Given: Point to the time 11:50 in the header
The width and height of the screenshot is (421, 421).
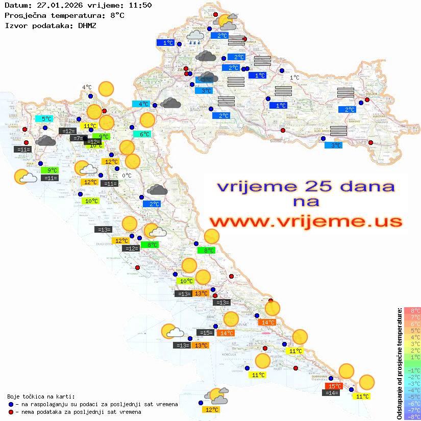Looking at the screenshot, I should [x=139, y=6].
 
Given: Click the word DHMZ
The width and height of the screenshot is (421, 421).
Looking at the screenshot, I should [x=87, y=25].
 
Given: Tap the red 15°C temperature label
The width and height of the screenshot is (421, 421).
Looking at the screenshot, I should [x=334, y=386].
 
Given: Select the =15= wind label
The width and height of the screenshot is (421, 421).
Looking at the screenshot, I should [x=205, y=333].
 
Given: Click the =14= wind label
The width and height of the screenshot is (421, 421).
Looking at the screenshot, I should [x=332, y=393].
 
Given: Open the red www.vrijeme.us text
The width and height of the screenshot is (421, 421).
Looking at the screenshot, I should [x=305, y=221].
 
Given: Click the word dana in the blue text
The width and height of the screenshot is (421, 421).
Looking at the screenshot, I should [x=364, y=186].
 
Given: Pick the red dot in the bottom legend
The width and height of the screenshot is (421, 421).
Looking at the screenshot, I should [x=11, y=412].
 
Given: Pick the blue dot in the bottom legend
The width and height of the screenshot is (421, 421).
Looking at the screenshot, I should [x=11, y=404].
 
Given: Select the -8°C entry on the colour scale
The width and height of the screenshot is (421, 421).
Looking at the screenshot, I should [x=412, y=417].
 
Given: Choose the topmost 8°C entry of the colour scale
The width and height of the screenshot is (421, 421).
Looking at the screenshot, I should [x=412, y=311].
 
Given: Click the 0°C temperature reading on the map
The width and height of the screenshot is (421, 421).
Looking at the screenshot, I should [x=127, y=176].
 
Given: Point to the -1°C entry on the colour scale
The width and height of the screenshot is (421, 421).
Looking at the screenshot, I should [x=412, y=370].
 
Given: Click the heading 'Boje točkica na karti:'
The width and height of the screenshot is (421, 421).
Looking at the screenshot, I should [x=41, y=397].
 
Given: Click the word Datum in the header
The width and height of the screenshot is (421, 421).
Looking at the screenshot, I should [x=14, y=6].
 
